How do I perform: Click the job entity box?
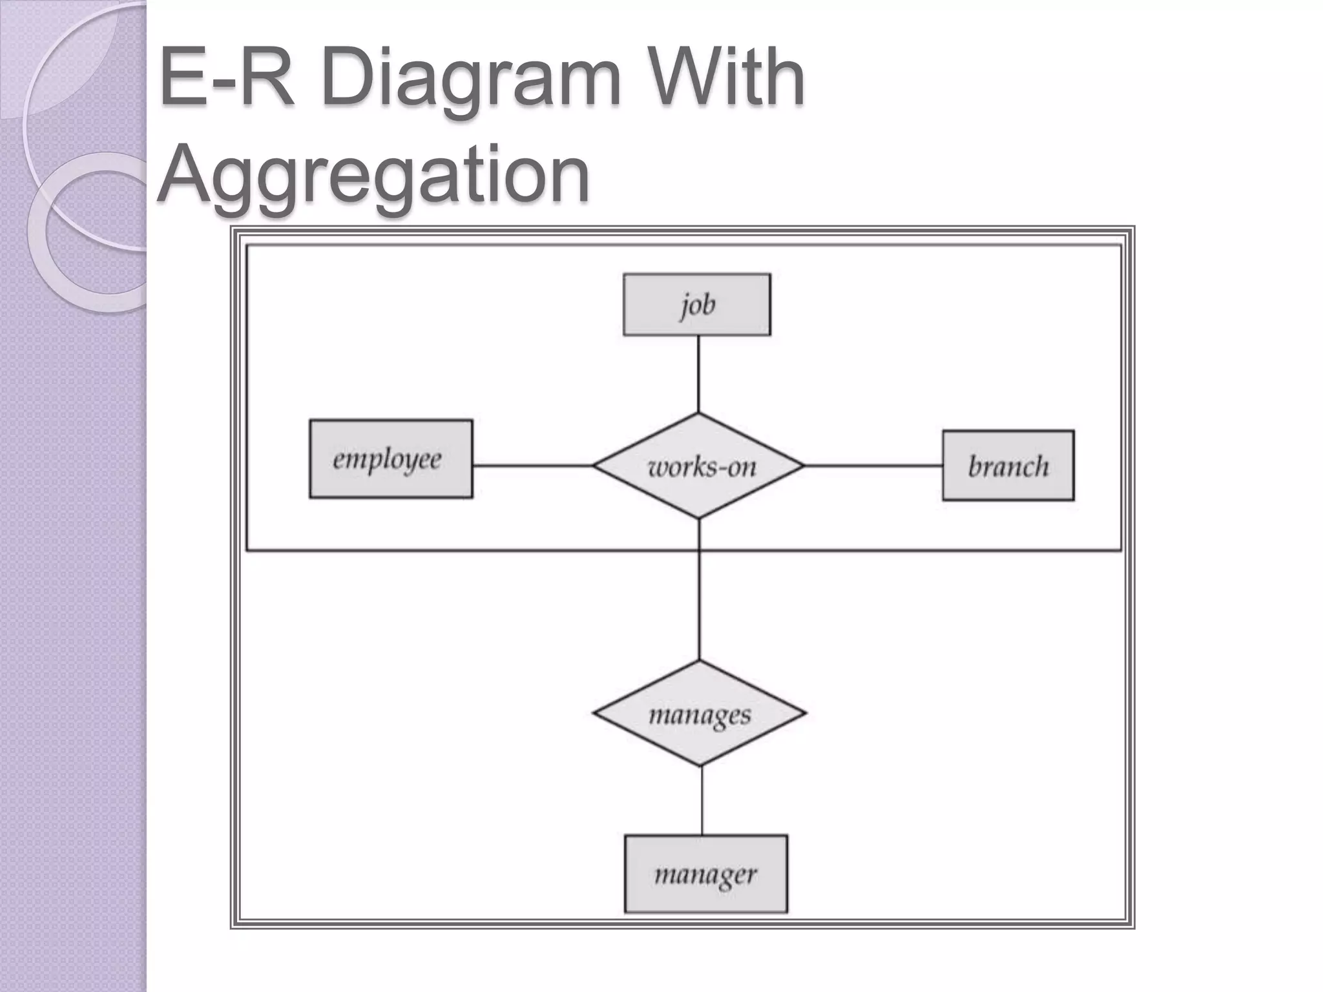(x=696, y=304)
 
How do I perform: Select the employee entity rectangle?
(x=391, y=459)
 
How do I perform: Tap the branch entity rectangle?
(x=1008, y=466)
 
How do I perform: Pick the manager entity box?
(x=705, y=874)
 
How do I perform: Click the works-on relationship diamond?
(x=699, y=466)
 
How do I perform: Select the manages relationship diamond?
(x=700, y=714)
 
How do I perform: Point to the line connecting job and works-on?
(x=698, y=374)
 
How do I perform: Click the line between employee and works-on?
(x=533, y=466)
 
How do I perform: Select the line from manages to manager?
(x=702, y=801)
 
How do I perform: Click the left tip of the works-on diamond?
(x=595, y=466)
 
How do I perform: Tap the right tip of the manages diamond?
(x=805, y=713)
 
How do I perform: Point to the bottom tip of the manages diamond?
(x=701, y=765)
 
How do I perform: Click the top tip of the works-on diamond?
(x=698, y=414)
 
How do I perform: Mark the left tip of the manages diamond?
(x=594, y=714)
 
